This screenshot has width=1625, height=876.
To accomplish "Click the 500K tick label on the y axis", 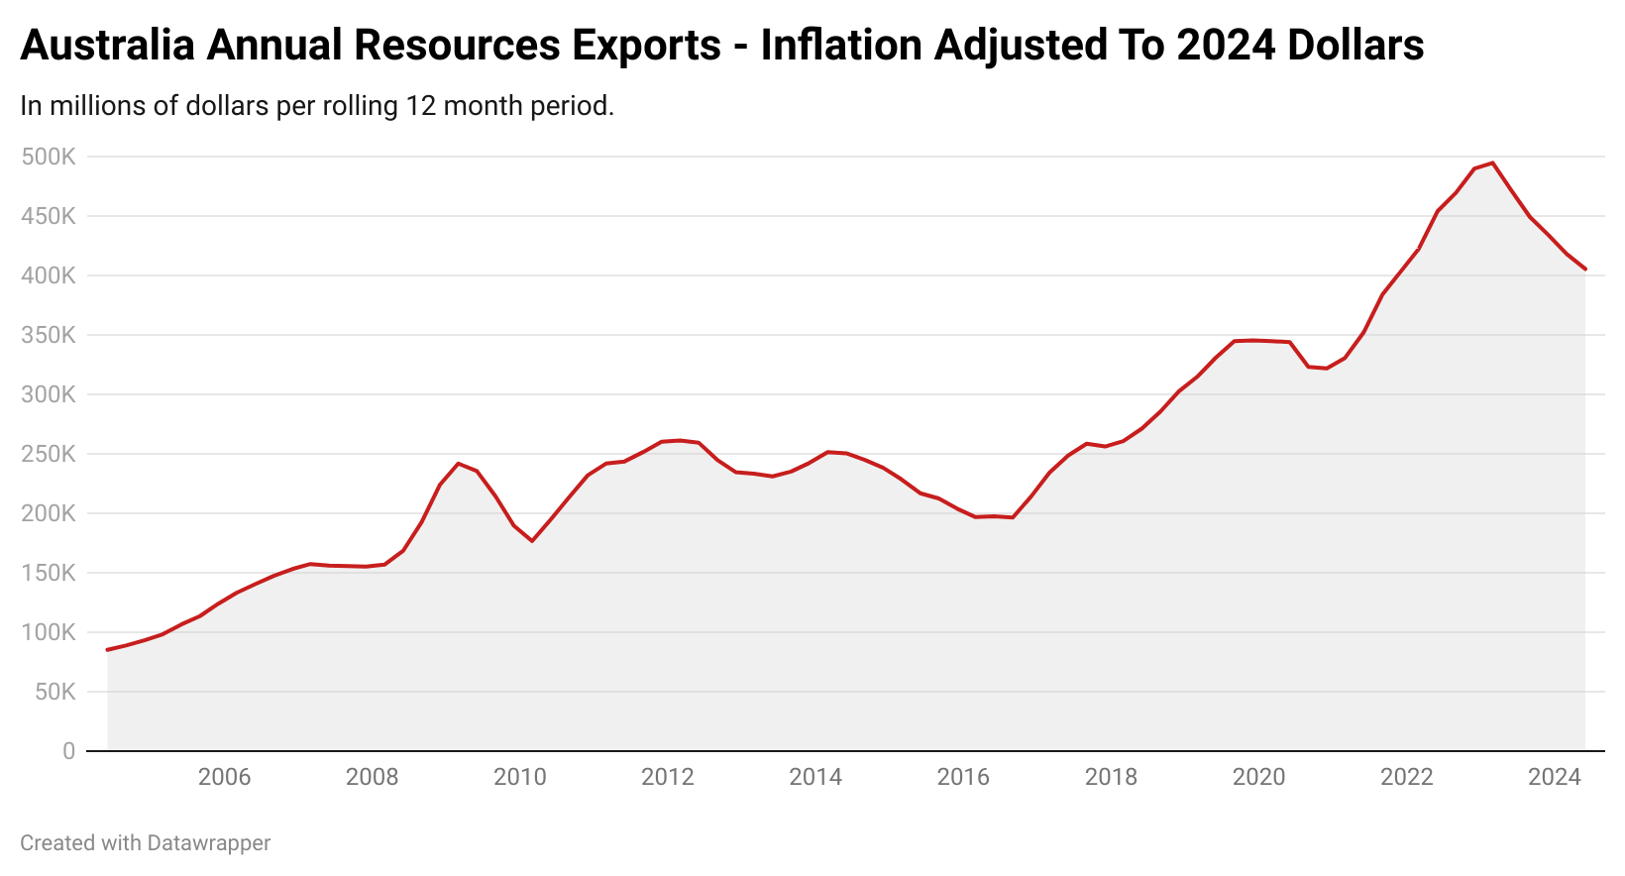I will point(48,157).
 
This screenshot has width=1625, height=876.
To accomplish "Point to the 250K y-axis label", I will point(48,454).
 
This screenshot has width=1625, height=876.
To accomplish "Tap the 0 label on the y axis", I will point(68,751).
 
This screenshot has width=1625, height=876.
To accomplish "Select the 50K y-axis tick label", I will point(54,692).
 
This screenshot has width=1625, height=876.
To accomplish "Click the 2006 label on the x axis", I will point(224,777).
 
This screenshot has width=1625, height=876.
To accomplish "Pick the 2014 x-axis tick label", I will point(815,777).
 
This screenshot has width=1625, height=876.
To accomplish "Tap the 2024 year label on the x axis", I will point(1555,777).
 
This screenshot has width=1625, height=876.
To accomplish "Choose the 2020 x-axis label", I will point(1258,777).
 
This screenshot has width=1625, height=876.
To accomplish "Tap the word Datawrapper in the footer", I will point(208,843).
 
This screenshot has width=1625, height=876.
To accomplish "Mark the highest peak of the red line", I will point(1492,163).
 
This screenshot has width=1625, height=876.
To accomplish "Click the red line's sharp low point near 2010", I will point(532,540).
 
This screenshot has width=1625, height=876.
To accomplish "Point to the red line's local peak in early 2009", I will point(458,463).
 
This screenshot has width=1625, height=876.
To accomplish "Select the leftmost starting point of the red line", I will point(107,650).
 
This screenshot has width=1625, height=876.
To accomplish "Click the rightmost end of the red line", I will point(1585,269).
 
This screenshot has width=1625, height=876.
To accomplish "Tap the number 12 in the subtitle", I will point(419,106).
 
